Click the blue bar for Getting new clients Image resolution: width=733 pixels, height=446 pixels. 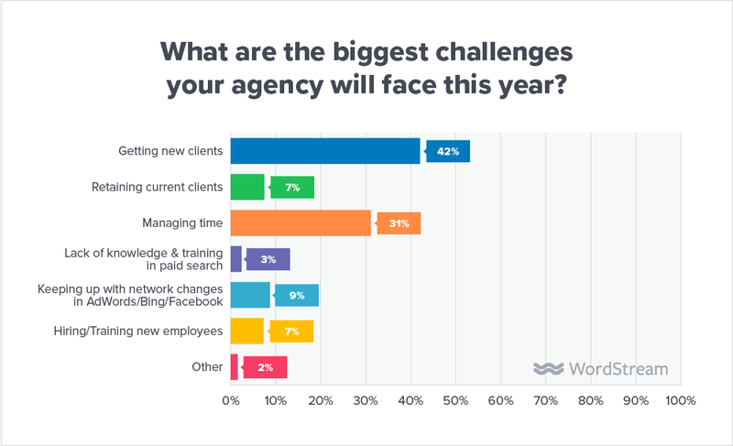pos(324,151)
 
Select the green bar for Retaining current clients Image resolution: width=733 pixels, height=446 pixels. pos(246,187)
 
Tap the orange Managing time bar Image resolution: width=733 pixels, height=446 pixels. pos(301,223)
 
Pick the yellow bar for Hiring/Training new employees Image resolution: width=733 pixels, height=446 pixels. pos(246,331)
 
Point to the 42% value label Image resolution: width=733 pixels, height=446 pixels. pos(448,151)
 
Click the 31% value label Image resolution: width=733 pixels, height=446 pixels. pos(399,223)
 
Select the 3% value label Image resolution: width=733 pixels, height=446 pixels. pos(268,259)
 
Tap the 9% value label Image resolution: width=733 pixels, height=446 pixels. pos(297,295)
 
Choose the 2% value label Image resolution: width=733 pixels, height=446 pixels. pos(265,366)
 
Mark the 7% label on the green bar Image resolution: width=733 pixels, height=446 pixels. pos(292,187)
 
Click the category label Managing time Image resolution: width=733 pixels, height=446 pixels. pos(182,223)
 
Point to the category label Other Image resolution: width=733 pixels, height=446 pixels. pos(207,366)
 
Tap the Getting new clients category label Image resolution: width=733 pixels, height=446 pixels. pos(171,151)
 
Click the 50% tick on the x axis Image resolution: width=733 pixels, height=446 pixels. pos(455,401)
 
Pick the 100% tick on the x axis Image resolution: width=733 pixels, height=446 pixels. pos(679,401)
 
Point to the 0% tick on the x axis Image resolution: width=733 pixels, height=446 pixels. pos(231,401)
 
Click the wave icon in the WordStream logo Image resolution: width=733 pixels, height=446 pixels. pos(548,369)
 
